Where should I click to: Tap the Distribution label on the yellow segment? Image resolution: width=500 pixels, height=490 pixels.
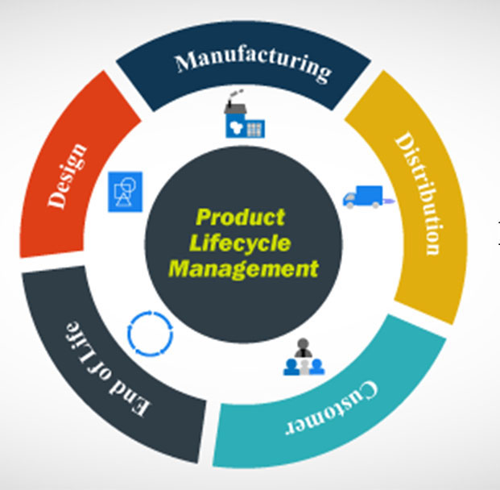coord(417,193)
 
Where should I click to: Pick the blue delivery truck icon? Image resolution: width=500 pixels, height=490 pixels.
coord(364,196)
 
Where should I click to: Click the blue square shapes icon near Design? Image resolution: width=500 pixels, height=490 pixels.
coord(125,192)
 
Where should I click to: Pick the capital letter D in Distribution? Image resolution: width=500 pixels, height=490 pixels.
coord(403,143)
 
